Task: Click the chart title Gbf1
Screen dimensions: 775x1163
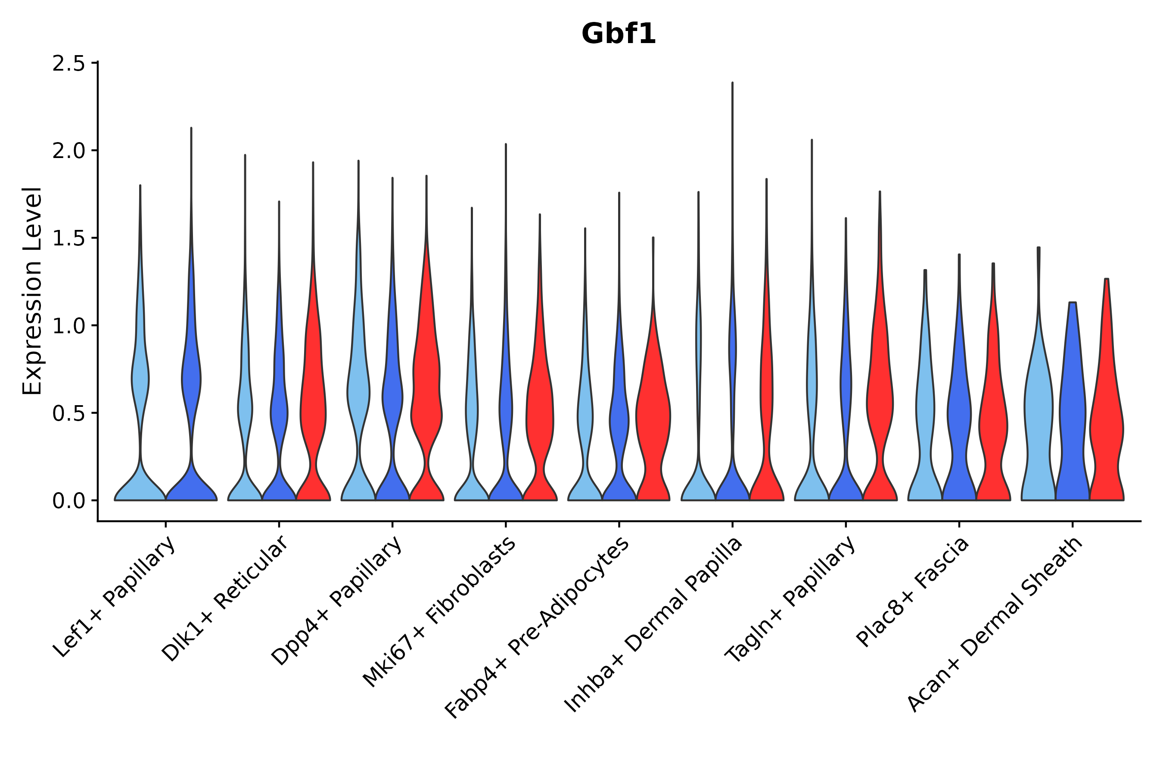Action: pos(618,34)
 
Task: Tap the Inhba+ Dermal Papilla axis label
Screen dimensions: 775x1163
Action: pos(653,625)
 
